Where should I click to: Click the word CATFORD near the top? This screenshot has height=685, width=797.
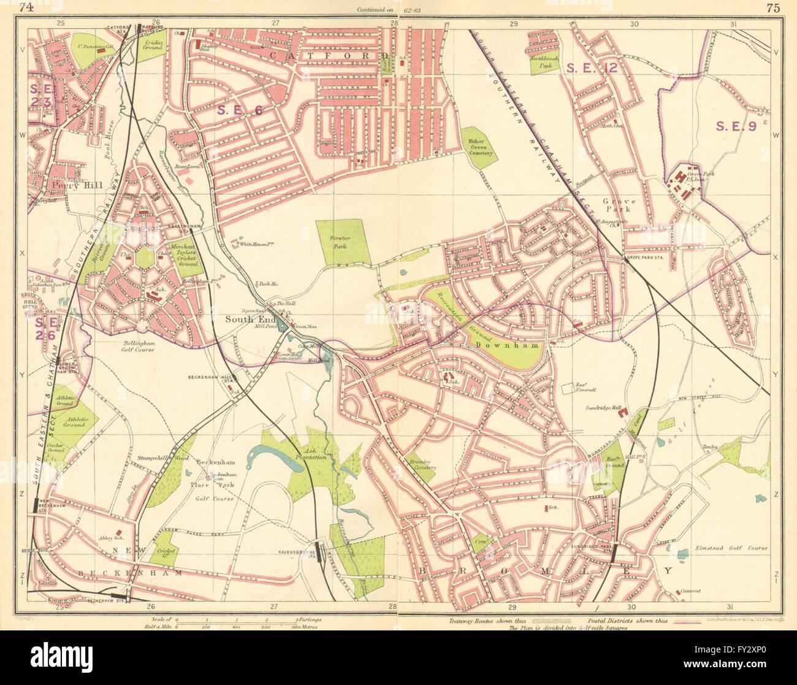(x=324, y=56)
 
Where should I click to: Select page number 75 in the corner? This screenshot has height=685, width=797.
(x=772, y=8)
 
